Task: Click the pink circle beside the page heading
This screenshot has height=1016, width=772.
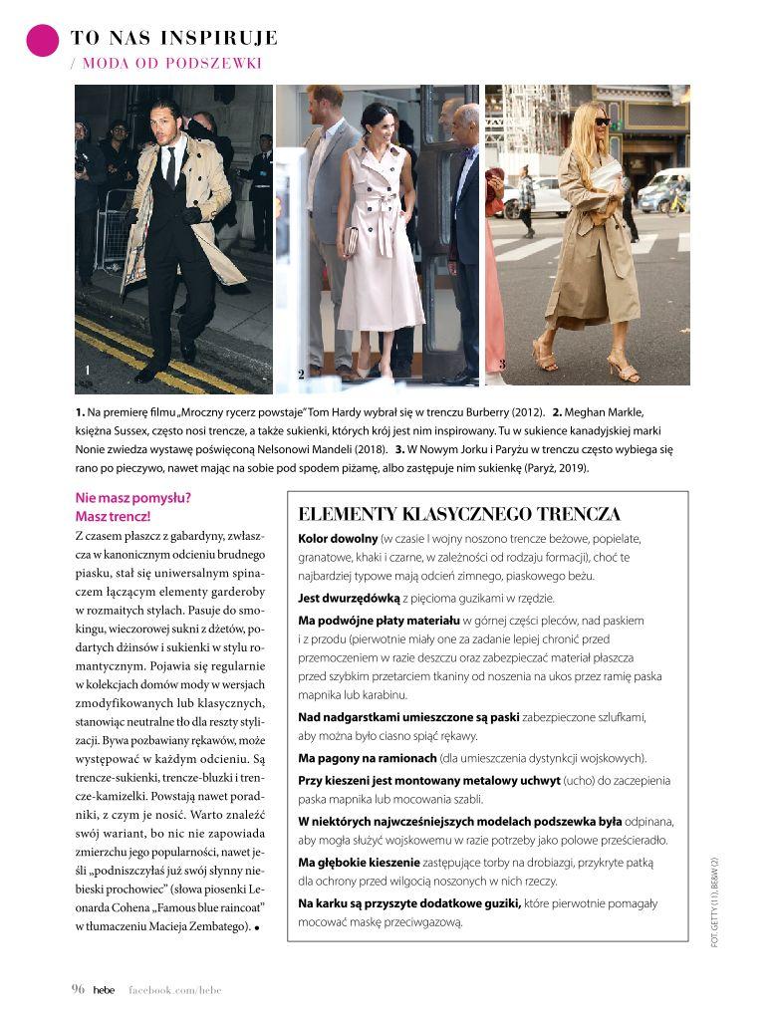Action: tap(43, 40)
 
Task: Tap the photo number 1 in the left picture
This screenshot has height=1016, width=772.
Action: tap(89, 371)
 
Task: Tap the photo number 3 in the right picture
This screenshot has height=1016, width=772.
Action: tap(502, 365)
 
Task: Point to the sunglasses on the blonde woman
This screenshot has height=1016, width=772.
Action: tap(602, 122)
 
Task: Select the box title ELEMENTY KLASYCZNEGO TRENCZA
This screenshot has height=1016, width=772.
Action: tap(459, 514)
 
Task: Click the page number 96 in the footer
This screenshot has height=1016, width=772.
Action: tap(78, 989)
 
